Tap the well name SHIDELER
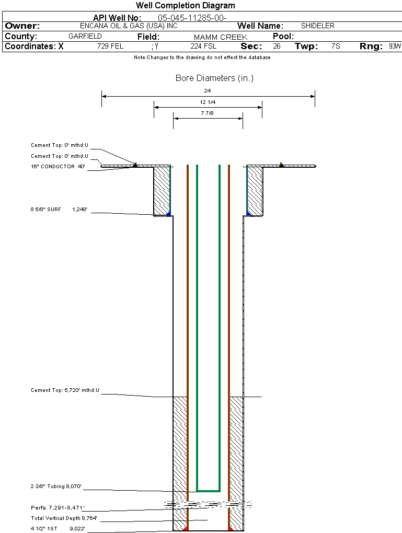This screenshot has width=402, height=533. click(x=317, y=26)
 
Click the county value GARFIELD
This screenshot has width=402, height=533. click(x=85, y=36)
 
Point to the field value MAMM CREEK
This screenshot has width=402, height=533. click(x=220, y=37)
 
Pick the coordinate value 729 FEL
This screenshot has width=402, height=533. click(x=110, y=46)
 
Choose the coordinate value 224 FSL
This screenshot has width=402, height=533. click(x=203, y=46)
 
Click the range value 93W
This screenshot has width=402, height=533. click(x=395, y=46)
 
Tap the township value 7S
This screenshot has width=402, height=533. click(x=336, y=46)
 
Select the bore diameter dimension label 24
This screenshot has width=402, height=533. click(x=208, y=90)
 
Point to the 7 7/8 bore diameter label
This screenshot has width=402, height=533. click(x=208, y=113)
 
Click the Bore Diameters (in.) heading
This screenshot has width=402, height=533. click(x=214, y=78)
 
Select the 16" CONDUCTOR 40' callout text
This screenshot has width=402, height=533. click(x=58, y=167)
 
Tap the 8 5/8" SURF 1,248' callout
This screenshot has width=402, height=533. click(x=58, y=209)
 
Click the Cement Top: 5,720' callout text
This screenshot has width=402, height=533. click(x=65, y=390)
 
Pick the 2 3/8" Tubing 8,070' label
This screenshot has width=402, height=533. click(x=56, y=486)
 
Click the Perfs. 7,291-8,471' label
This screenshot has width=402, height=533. click(x=58, y=507)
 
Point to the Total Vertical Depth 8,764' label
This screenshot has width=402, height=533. click(x=64, y=518)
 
